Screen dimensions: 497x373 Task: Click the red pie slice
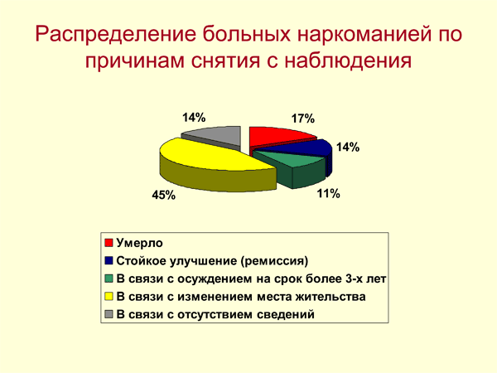click(279, 137)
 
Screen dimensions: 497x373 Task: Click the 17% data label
click(303, 119)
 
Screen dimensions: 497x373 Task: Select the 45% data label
click(163, 195)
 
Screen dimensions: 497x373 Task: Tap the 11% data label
click(329, 193)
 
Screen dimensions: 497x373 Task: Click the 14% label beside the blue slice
click(348, 148)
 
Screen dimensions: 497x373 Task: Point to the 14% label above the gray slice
click(194, 118)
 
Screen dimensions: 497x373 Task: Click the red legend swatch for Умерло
click(109, 243)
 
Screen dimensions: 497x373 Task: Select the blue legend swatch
click(109, 261)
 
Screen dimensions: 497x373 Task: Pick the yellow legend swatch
click(109, 297)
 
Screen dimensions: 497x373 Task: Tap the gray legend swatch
click(109, 314)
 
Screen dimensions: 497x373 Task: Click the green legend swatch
click(109, 279)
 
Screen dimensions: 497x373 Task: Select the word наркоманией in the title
click(364, 33)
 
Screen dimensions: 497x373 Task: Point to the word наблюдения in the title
click(348, 61)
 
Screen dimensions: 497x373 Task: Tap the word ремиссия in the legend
click(274, 261)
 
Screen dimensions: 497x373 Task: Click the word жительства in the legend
click(331, 297)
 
